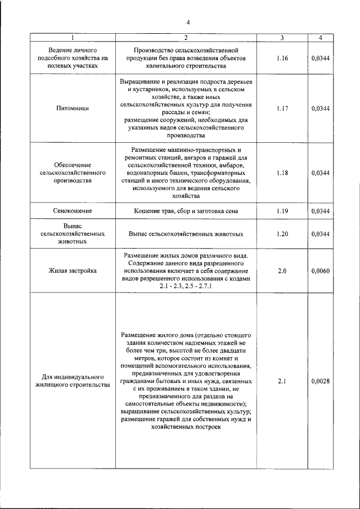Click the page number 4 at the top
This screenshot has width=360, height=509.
click(x=188, y=22)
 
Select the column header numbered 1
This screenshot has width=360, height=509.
click(x=73, y=38)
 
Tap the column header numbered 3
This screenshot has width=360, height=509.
click(x=282, y=38)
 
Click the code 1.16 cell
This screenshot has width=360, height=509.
click(x=282, y=58)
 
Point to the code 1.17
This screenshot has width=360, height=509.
click(x=282, y=109)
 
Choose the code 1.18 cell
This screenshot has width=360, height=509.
click(x=282, y=173)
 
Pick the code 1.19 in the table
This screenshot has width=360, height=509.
click(x=282, y=211)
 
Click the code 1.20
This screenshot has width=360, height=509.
click(x=282, y=233)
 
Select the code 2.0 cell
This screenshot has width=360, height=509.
click(x=282, y=271)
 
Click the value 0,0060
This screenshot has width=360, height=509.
click(x=320, y=271)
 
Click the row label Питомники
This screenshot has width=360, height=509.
click(x=73, y=109)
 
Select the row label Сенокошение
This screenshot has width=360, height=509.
click(x=73, y=211)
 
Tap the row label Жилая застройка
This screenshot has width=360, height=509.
click(x=73, y=271)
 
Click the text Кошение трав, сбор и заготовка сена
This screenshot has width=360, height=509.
click(x=186, y=211)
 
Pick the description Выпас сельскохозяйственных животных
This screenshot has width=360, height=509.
click(x=186, y=233)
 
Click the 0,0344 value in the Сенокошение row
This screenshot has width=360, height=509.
click(x=320, y=211)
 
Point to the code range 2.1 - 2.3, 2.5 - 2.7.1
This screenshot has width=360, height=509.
click(x=186, y=286)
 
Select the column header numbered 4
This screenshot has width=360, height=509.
click(x=320, y=38)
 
